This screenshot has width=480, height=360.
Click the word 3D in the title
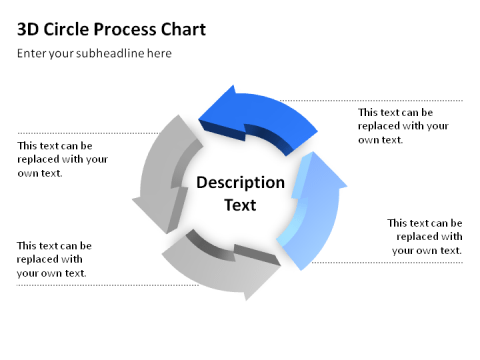pyautogui.click(x=29, y=29)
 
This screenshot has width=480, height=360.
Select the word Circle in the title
pyautogui.click(x=66, y=29)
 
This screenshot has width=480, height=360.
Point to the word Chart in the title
pyautogui.click(x=184, y=29)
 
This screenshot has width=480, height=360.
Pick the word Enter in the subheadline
pyautogui.click(x=32, y=53)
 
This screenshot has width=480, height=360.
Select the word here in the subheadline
pyautogui.click(x=158, y=53)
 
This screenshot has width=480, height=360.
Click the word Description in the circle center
pyautogui.click(x=240, y=183)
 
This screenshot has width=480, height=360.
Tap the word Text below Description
pyautogui.click(x=240, y=205)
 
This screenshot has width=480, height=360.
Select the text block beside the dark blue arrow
pyautogui.click(x=403, y=126)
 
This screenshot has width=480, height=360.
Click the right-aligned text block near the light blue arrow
pyautogui.click(x=425, y=236)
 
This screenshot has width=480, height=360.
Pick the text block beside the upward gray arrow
pyautogui.click(x=62, y=159)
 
